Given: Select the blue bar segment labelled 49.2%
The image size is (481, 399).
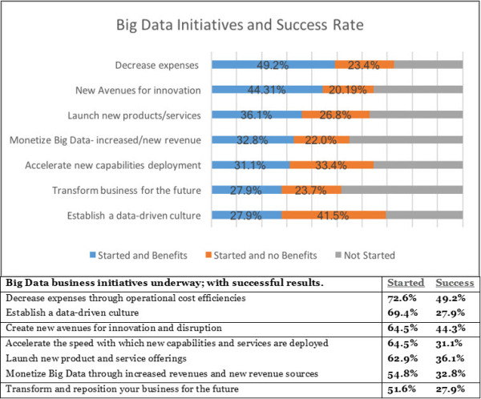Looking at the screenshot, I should (x=273, y=64).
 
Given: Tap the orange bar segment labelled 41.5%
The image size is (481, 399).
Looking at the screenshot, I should (x=333, y=215).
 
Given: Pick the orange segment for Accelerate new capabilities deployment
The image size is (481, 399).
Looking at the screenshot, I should (x=332, y=165).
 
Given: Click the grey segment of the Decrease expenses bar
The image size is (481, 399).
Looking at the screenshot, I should (x=428, y=64).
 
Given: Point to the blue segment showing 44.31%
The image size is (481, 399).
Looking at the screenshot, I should (x=266, y=89).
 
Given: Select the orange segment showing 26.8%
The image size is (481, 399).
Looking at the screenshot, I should (x=335, y=115).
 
